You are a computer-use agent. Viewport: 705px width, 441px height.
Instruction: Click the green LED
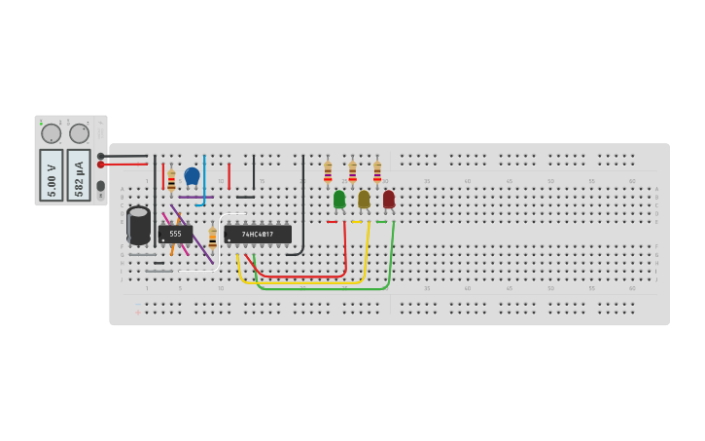338,199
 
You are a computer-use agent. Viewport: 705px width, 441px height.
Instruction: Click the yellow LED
364,199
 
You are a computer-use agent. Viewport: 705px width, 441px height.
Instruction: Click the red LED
388,199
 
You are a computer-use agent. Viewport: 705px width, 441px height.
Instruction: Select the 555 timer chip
175,234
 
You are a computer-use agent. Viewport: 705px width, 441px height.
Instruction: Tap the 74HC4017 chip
258,234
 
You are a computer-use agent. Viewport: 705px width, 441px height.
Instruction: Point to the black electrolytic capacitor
138,225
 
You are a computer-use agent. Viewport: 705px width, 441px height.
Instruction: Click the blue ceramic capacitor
192,176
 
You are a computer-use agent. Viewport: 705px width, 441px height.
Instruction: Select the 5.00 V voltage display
52,174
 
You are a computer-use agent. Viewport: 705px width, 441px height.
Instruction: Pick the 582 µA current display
79,174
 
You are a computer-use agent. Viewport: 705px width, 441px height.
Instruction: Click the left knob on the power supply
52,133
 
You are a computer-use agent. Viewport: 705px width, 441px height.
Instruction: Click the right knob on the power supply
79,133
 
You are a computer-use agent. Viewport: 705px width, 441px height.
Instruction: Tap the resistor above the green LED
328,171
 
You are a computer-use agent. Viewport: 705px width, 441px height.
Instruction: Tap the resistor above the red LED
377,171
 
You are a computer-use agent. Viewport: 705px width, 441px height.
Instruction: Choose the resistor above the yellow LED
352,171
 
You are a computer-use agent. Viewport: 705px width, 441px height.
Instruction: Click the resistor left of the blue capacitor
171,180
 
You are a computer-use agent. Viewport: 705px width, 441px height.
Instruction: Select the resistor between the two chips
212,238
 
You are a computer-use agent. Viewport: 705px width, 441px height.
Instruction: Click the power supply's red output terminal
100,165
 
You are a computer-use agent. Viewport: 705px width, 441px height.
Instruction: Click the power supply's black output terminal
100,156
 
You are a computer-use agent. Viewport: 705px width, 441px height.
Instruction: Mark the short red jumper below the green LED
332,222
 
